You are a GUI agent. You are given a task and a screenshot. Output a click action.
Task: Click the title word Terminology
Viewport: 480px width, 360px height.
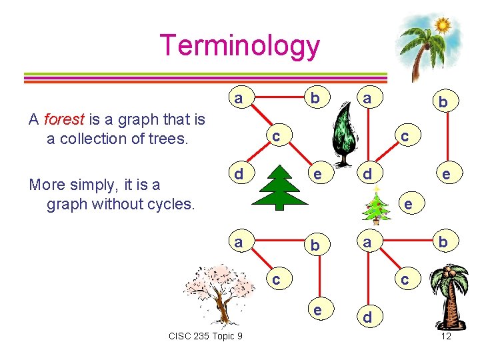[x=240, y=45]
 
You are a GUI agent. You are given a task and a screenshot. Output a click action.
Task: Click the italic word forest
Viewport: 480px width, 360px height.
[x=64, y=120]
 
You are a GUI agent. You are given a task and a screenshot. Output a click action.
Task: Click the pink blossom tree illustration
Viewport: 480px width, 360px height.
[x=220, y=293]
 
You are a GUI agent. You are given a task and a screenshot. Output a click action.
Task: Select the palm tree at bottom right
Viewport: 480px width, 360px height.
[x=451, y=297]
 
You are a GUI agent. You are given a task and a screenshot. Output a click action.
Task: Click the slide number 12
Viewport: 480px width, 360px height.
[x=446, y=336]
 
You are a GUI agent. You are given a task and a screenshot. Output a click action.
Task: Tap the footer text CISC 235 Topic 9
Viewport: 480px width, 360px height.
[x=206, y=336]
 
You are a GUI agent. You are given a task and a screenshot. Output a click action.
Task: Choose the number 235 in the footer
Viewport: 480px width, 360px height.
[x=202, y=336]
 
